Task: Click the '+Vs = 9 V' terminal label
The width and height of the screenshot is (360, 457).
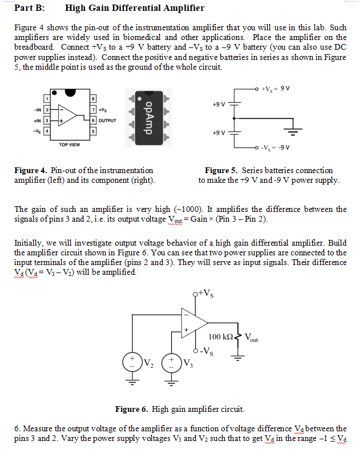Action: [276, 88]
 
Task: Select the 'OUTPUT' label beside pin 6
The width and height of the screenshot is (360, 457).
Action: [107, 121]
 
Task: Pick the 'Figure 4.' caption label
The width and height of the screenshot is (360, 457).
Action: [30, 170]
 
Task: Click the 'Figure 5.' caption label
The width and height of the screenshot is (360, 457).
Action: [222, 170]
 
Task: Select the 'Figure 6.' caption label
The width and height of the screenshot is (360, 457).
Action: [132, 409]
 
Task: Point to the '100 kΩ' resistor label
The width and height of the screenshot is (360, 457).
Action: [220, 337]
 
